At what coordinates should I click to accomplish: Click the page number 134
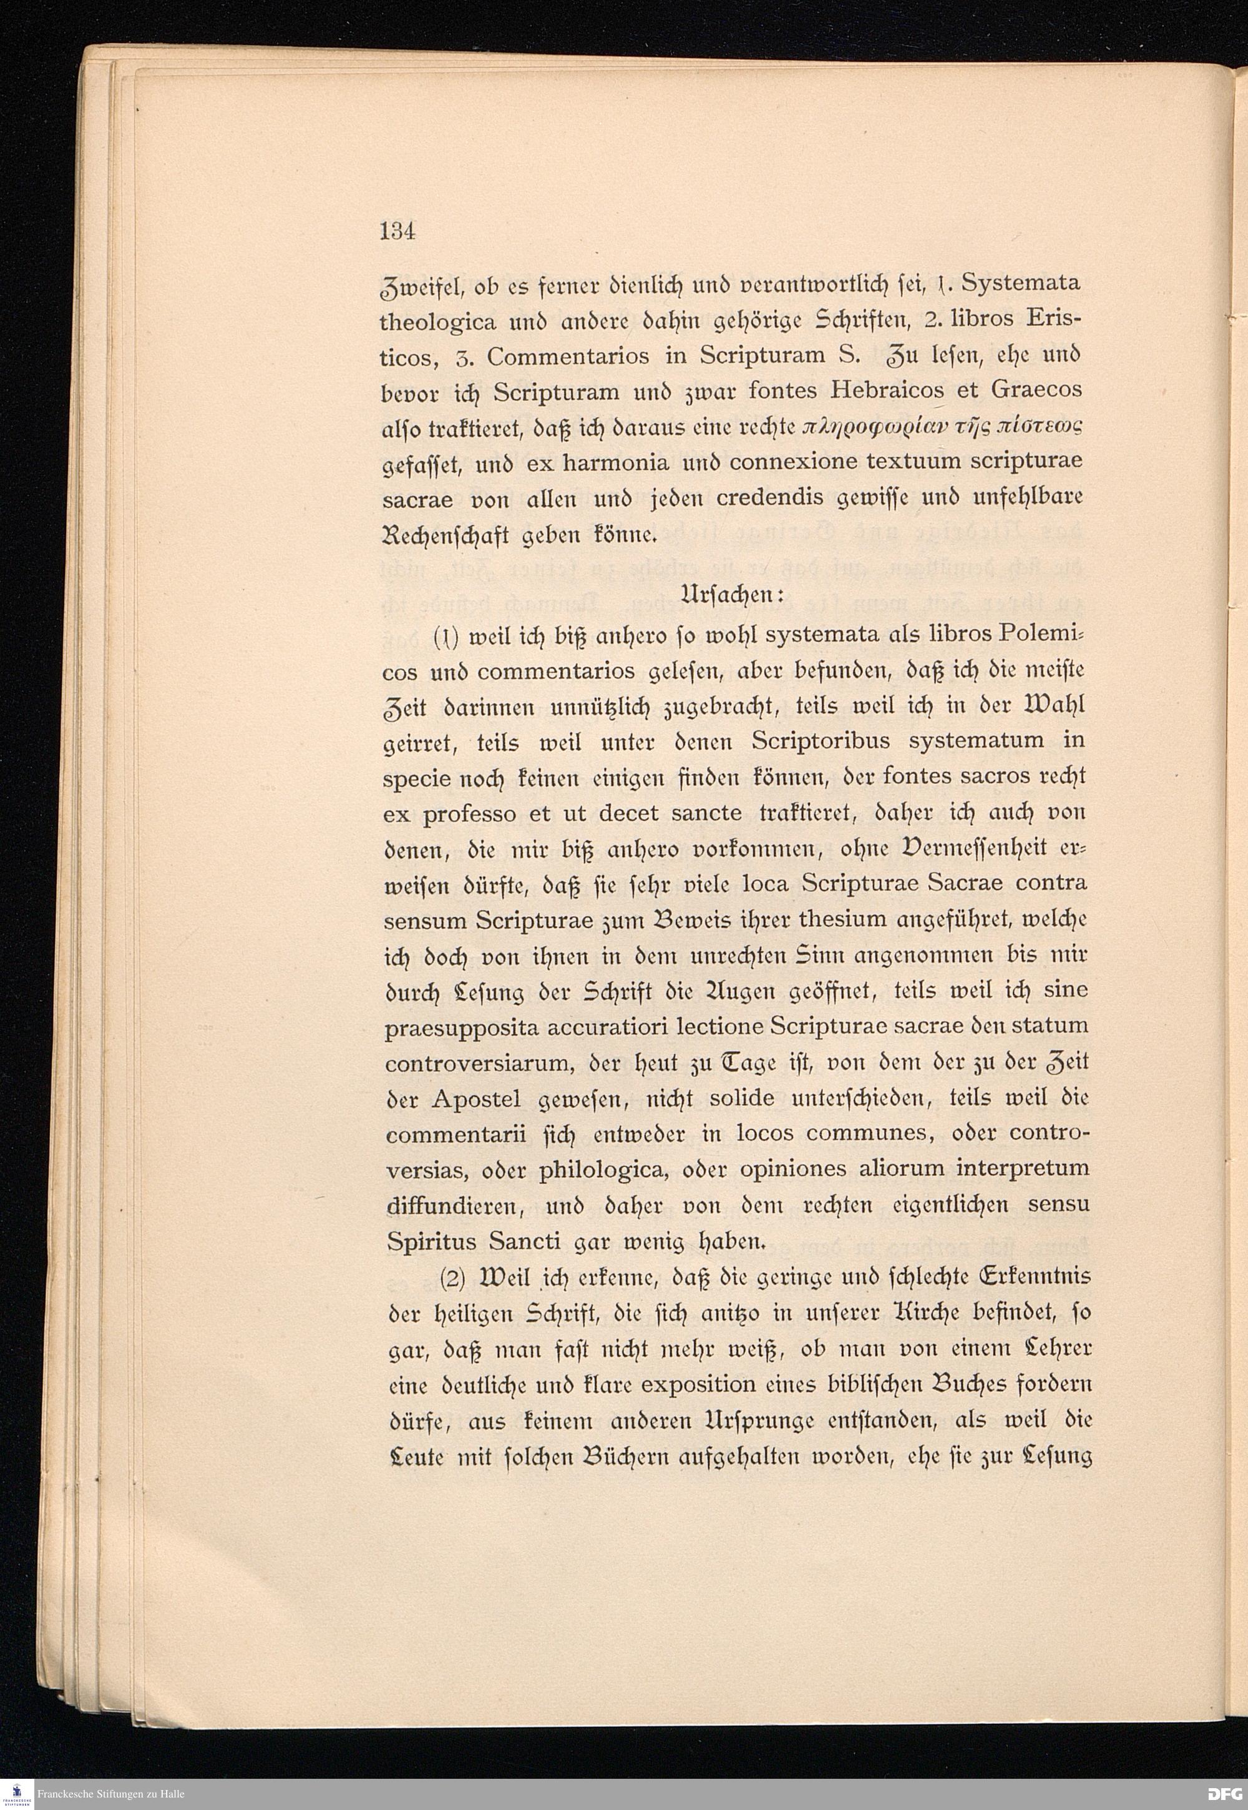397,232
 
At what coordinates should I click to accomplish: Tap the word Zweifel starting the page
417,285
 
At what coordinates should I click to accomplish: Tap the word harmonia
616,463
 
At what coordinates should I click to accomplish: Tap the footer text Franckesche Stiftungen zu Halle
110,1793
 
